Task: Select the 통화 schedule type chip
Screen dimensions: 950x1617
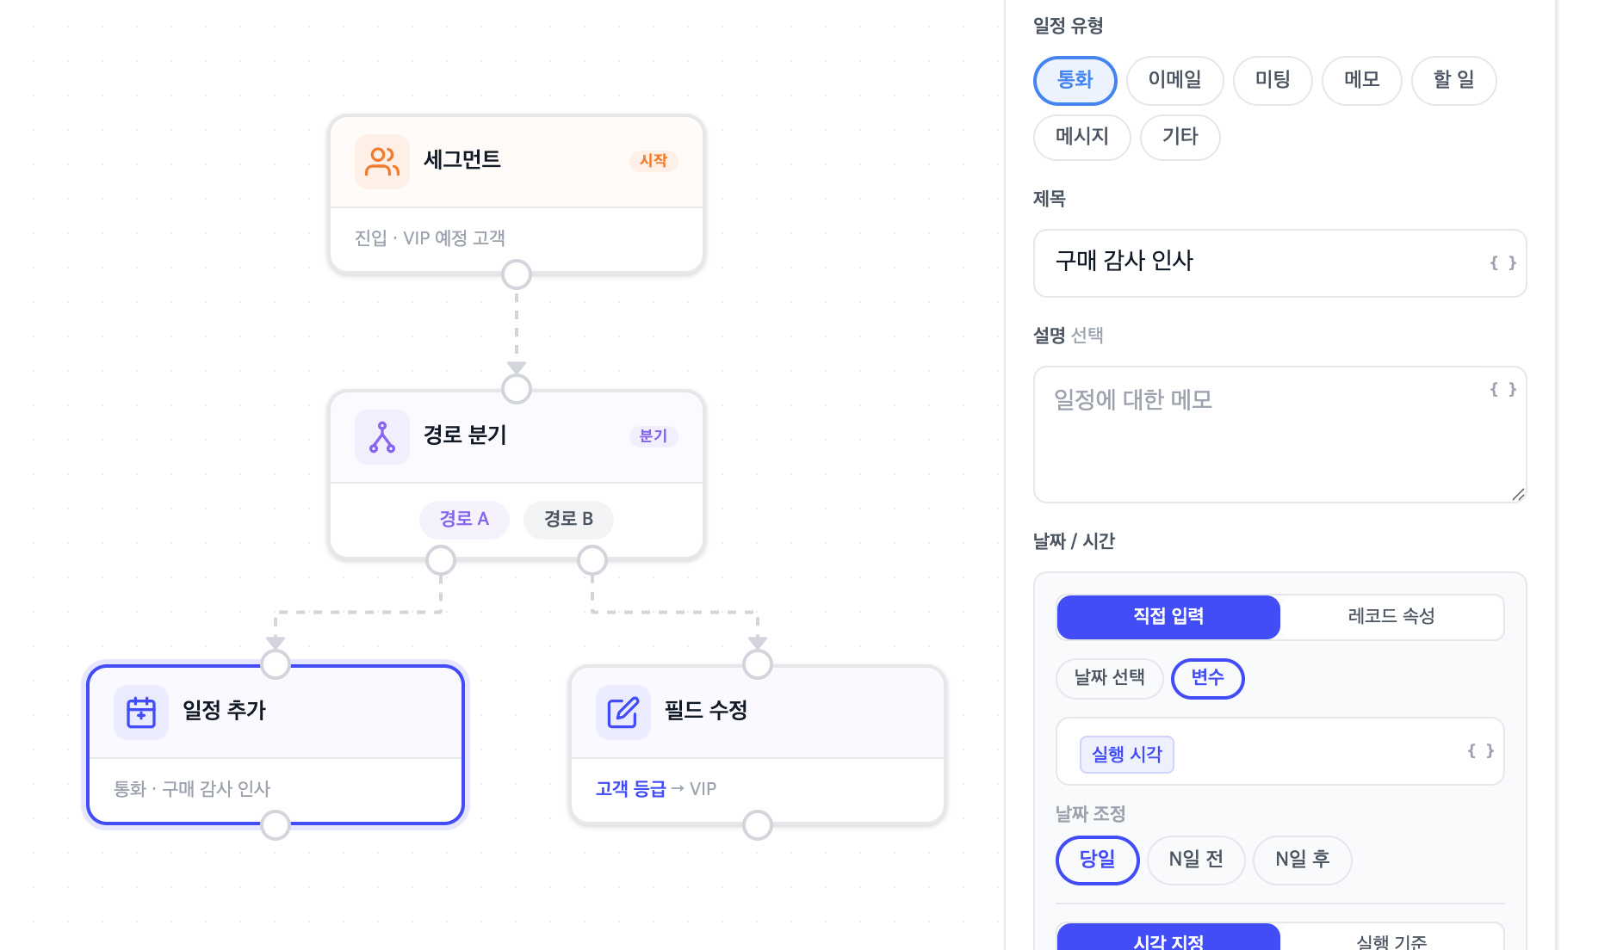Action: click(1075, 80)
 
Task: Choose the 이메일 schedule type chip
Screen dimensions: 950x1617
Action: click(1174, 80)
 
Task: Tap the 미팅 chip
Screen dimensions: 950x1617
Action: click(1272, 80)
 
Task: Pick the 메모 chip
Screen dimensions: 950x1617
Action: click(1361, 80)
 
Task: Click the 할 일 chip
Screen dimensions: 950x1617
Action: click(1453, 80)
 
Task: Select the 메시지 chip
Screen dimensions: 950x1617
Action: click(1081, 137)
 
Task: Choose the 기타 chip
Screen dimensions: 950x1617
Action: click(1180, 137)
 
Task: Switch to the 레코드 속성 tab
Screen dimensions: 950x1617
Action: click(1391, 617)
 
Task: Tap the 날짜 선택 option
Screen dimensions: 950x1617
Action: click(1109, 678)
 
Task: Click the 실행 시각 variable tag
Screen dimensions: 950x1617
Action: click(1126, 755)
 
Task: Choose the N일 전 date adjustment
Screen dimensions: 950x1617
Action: click(1195, 860)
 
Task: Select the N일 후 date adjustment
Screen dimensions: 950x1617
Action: click(1302, 860)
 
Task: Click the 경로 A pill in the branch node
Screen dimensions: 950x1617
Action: click(464, 519)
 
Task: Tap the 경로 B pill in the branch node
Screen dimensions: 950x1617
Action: click(568, 519)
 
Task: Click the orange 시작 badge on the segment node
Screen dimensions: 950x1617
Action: click(654, 161)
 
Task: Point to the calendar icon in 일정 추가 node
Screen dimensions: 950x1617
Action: click(141, 712)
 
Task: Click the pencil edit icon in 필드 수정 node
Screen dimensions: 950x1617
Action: click(623, 712)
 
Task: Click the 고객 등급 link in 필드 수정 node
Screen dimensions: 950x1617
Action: click(630, 789)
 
